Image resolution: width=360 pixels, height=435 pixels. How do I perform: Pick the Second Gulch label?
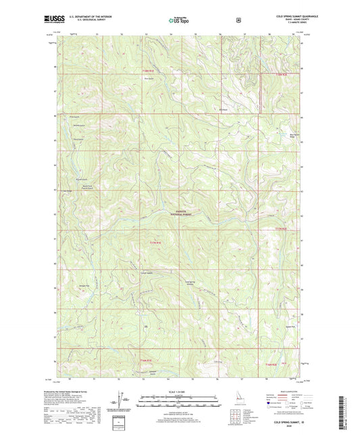pos(79,126)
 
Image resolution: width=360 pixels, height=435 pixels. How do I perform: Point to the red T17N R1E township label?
pos(156,242)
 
